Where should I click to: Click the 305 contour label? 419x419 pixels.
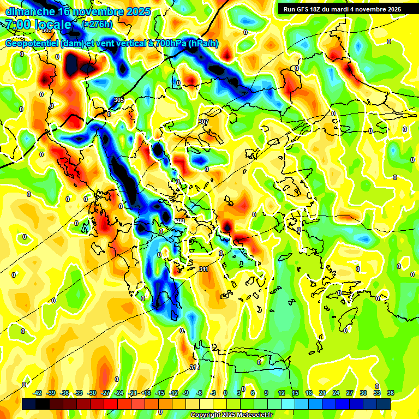[119, 100]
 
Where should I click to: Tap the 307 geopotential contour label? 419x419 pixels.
[203, 122]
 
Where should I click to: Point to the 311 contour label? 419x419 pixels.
[203, 269]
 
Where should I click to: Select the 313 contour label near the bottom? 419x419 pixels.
[194, 367]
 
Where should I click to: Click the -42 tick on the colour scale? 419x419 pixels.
[38, 393]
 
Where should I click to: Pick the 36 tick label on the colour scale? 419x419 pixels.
[391, 393]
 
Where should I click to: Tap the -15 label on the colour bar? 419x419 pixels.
[160, 393]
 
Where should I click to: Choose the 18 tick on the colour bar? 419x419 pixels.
[309, 393]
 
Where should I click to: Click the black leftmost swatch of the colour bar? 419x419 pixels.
[29, 404]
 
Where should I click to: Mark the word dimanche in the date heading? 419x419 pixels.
[29, 11]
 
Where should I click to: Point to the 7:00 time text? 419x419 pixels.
[16, 25]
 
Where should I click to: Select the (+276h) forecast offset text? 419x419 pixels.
[97, 25]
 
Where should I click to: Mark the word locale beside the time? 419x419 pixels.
[52, 25]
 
